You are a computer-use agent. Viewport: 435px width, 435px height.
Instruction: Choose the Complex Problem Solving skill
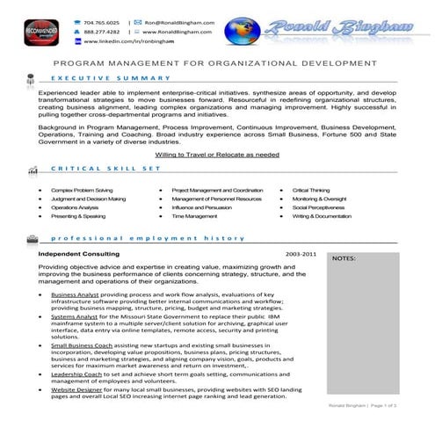click(x=82, y=190)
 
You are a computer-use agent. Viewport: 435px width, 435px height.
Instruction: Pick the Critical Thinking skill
click(x=311, y=190)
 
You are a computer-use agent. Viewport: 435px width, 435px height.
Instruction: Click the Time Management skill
click(x=194, y=215)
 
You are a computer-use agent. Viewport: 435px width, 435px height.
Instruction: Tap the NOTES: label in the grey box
click(x=344, y=259)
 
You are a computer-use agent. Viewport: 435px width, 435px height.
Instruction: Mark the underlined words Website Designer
click(x=79, y=389)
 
